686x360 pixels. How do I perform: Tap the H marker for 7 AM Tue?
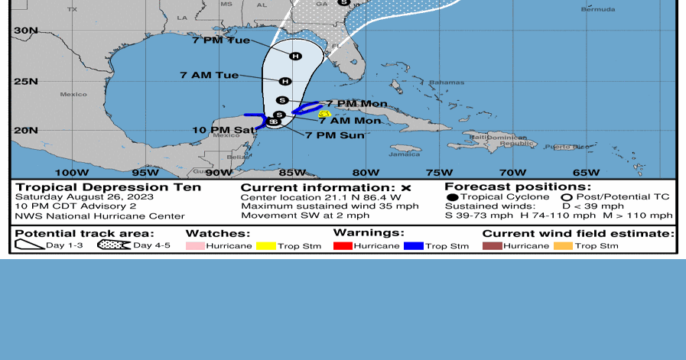pos(285,81)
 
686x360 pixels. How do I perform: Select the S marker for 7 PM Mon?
pos(281,100)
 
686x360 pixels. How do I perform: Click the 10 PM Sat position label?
pos(223,130)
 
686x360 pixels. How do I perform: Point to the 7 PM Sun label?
pos(334,135)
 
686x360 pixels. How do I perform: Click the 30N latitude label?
pos(24,31)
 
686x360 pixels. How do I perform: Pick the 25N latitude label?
pos(24,81)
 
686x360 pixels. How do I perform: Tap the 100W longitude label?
pos(67,173)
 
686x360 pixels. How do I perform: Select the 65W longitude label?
pos(586,173)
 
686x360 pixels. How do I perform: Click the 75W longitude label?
pos(439,173)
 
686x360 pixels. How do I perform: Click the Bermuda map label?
pos(597,9)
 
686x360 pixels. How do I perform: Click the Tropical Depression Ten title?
pos(109,187)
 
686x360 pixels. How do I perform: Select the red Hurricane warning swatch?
pos(343,245)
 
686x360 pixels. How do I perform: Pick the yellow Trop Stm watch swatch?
pos(266,245)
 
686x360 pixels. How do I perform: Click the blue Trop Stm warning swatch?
pos(415,245)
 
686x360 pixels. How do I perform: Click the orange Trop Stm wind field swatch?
pos(563,245)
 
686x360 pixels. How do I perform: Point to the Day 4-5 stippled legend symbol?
pos(113,245)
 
